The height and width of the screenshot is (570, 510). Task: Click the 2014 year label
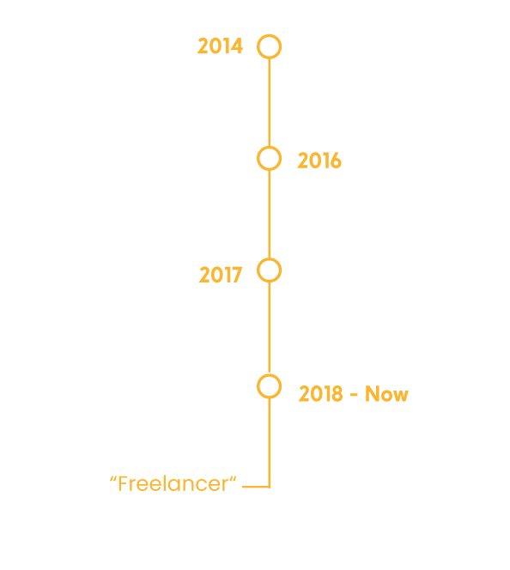coord(220,46)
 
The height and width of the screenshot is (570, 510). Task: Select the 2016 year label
coord(319,161)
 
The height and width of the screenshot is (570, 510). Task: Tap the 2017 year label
coord(221,275)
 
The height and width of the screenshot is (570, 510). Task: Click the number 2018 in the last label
coord(320,394)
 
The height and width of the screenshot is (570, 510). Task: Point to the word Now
coord(386,394)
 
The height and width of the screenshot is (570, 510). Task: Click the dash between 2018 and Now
coord(354,395)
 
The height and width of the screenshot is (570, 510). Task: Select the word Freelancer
coord(173,484)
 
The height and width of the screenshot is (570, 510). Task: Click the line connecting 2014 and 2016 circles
coord(269,102)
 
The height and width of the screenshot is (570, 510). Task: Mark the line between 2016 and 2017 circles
coord(269,215)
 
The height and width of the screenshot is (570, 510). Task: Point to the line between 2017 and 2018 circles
coord(269,328)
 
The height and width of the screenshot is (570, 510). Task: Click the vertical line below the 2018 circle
coord(269,443)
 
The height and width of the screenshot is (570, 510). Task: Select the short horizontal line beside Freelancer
coord(256,487)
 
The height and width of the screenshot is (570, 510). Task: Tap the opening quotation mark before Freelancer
coord(113,479)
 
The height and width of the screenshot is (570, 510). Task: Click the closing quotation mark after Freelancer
coord(233,479)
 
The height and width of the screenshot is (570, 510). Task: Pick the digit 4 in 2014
coord(237,46)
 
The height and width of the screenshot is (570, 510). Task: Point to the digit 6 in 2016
coord(336,161)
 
